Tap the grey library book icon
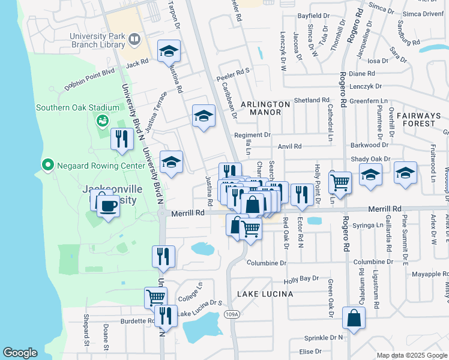[x=134, y=40]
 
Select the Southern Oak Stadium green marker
[x=101, y=121]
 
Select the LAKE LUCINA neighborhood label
[x=265, y=294]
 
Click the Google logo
[x=20, y=353]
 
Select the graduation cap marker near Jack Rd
[x=169, y=52]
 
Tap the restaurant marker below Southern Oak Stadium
[x=122, y=139]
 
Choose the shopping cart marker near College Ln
[x=155, y=296]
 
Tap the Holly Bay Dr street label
[x=301, y=279]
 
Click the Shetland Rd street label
[x=312, y=100]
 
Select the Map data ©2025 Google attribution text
[x=411, y=355]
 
